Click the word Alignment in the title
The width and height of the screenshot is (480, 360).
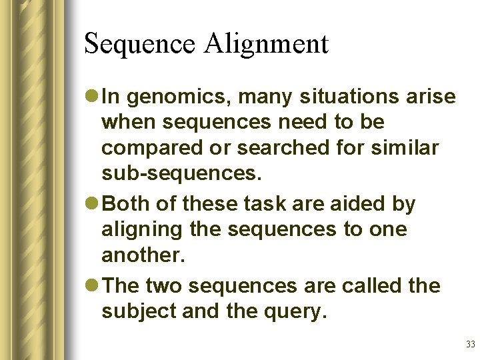267,45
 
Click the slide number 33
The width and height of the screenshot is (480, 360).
470,345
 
